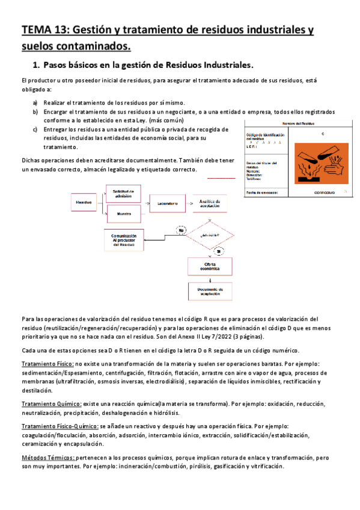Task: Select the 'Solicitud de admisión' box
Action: (x=127, y=194)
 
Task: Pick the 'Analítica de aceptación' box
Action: (x=209, y=204)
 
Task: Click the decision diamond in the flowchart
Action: (x=209, y=235)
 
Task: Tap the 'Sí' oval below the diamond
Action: (x=219, y=250)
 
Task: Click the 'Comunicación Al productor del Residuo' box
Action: (x=127, y=240)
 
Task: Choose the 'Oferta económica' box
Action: (x=209, y=266)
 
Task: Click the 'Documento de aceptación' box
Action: (x=209, y=291)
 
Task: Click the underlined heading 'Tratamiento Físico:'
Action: (x=47, y=364)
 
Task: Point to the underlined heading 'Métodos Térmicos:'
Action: (x=48, y=458)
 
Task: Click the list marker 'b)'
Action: (x=35, y=112)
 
